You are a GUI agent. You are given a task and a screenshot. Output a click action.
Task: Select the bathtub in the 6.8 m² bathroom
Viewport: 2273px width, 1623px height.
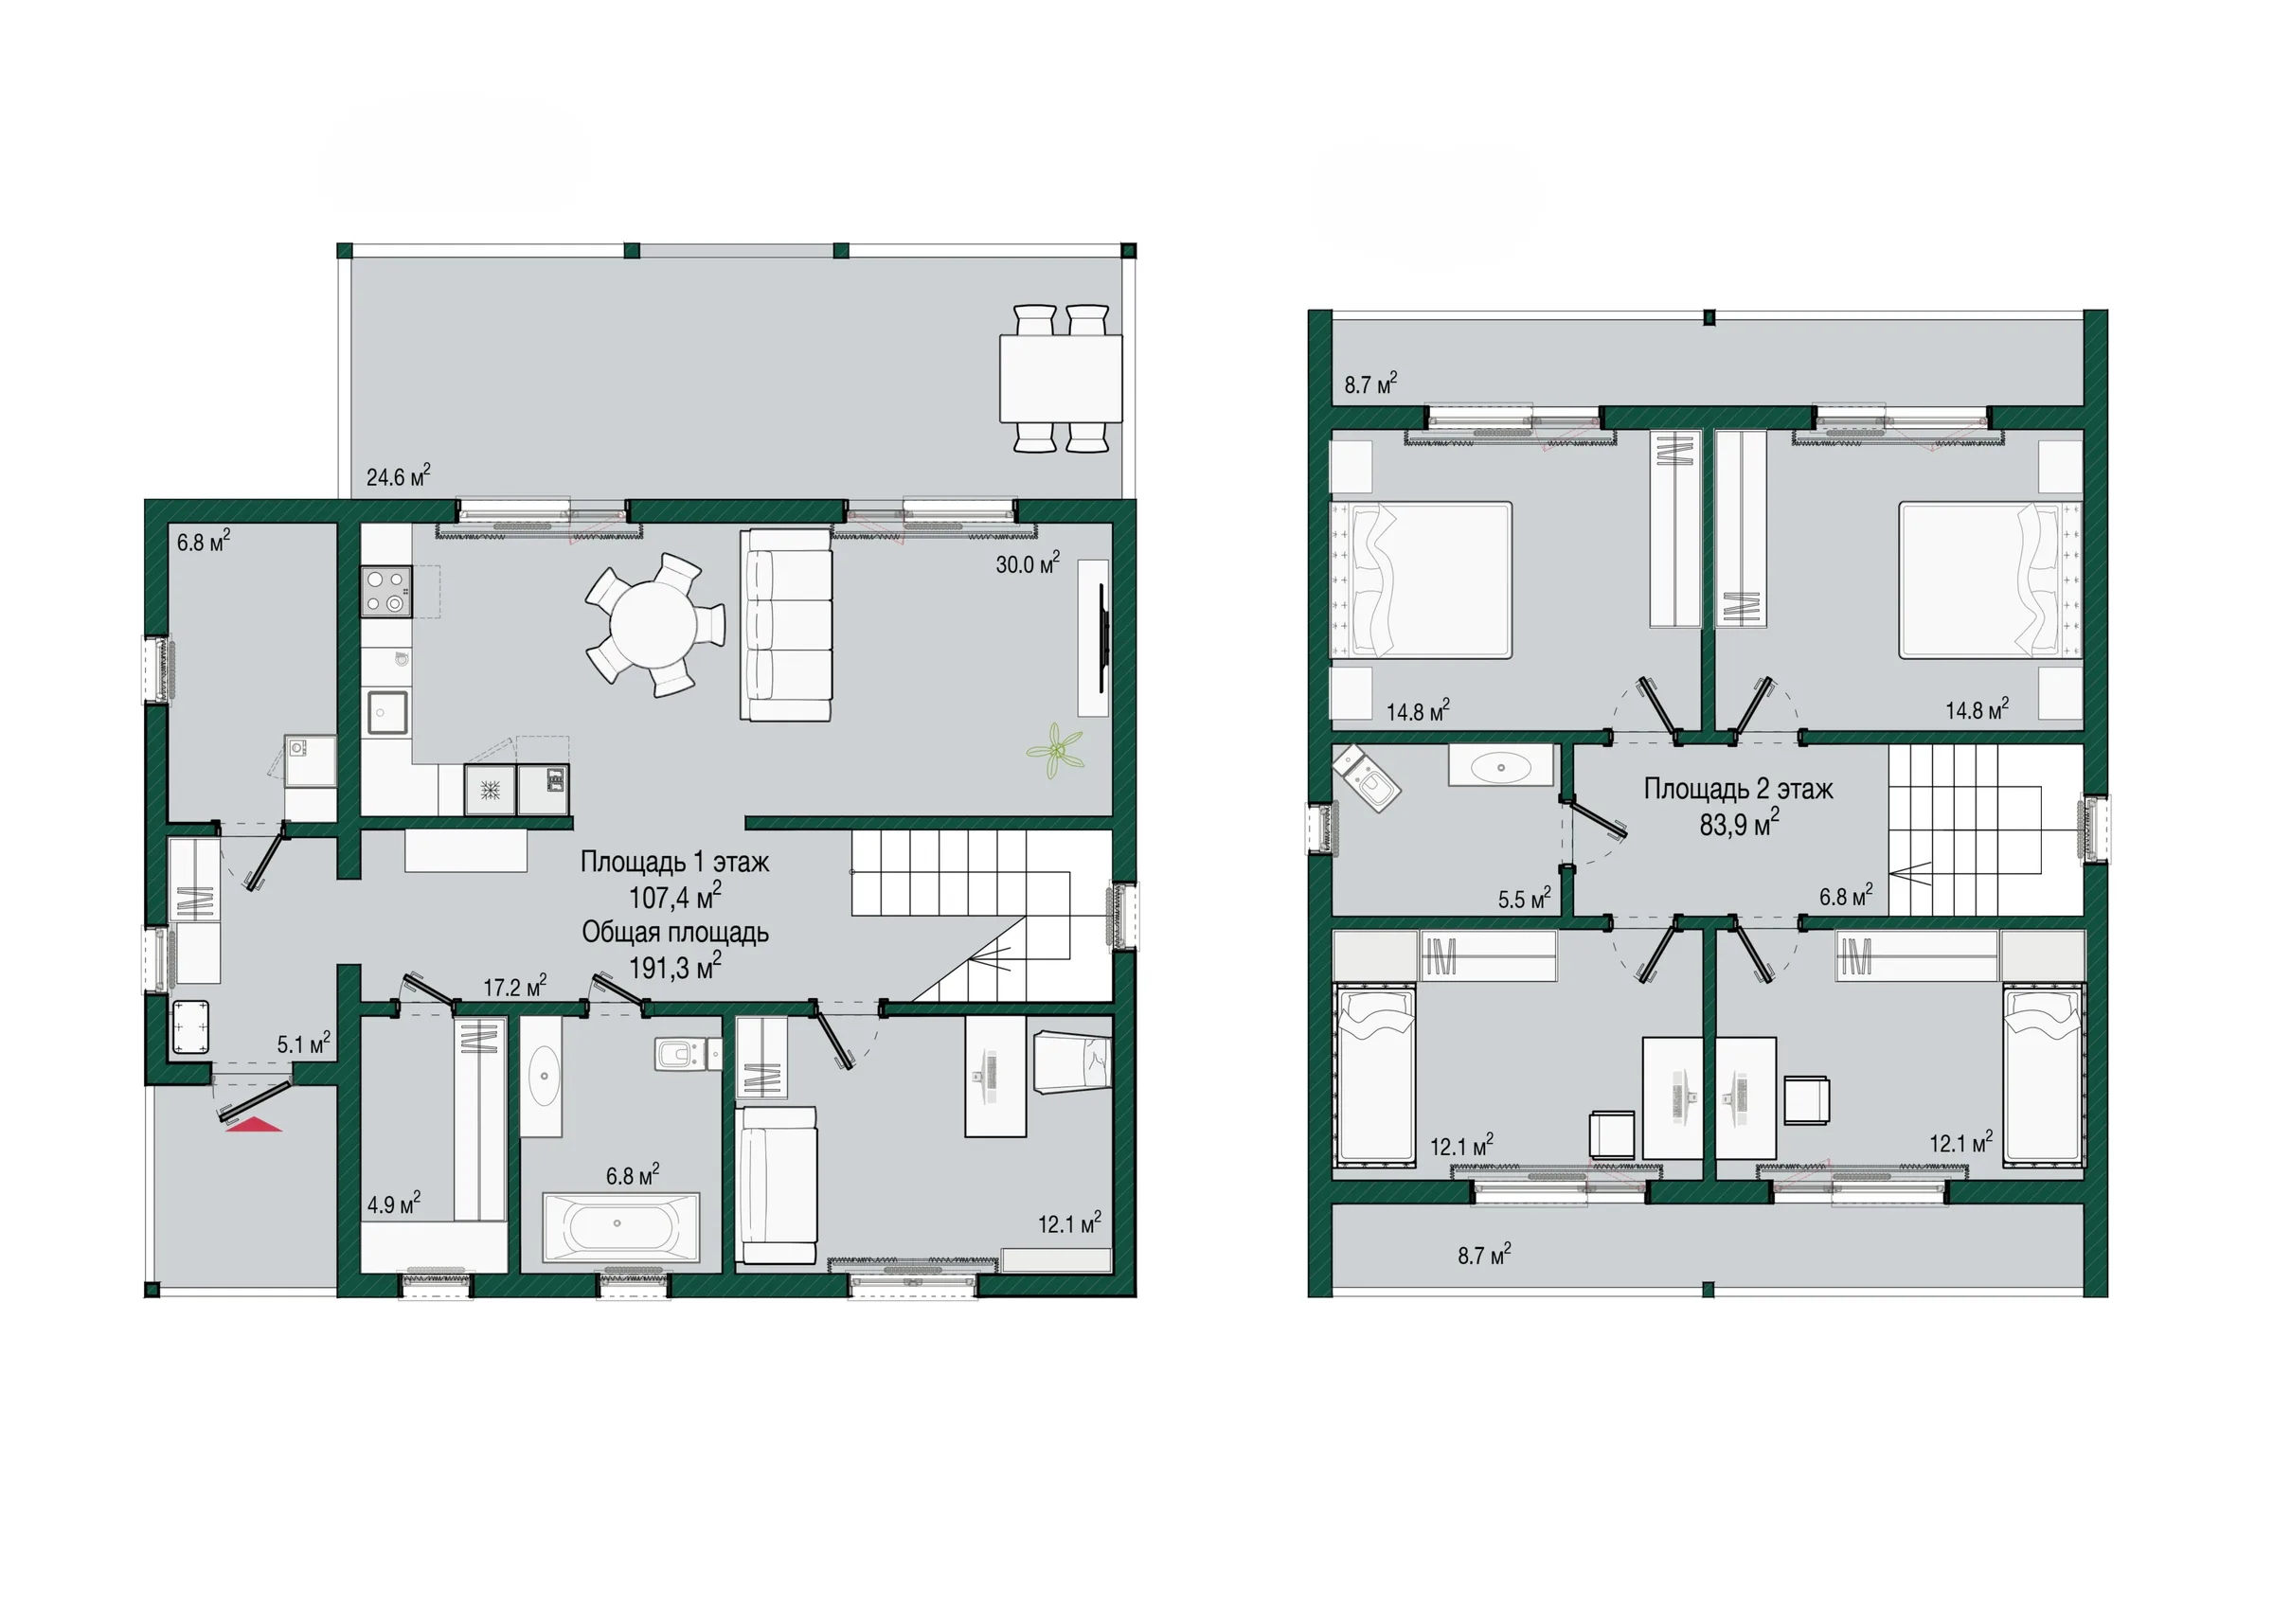pos(620,1227)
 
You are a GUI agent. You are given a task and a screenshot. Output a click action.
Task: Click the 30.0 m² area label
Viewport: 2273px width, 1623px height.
pos(1028,563)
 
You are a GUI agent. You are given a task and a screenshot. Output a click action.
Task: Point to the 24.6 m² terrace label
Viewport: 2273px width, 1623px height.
pos(398,475)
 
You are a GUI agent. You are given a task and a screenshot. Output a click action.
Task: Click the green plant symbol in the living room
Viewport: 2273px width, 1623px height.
pos(1054,752)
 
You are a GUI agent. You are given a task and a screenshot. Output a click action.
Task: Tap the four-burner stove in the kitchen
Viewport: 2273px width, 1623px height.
pos(386,592)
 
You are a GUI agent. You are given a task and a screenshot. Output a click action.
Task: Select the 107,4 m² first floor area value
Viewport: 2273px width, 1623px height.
pos(674,897)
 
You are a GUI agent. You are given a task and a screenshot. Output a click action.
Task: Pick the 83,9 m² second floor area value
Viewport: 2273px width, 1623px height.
pos(1739,824)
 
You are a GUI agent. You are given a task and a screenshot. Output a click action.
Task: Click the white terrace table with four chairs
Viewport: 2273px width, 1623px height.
pos(1061,378)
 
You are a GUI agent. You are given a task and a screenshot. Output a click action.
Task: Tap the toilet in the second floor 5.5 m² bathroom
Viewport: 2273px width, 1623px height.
pos(1368,778)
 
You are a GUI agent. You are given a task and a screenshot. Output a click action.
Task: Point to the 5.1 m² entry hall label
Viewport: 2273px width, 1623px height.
pos(304,1044)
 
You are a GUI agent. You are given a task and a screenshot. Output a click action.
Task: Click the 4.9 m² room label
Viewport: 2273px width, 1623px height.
pos(394,1204)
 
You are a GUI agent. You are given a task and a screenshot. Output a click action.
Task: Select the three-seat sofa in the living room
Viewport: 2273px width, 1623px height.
pos(786,625)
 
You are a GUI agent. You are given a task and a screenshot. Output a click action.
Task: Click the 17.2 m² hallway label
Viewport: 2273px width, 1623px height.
pos(515,987)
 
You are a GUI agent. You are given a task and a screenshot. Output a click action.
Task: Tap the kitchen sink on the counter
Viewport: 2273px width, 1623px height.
pos(386,713)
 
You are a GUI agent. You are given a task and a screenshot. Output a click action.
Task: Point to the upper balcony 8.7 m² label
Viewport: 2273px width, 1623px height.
pos(1370,383)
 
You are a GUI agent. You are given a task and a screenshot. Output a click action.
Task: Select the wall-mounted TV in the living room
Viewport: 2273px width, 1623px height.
pos(1102,636)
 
